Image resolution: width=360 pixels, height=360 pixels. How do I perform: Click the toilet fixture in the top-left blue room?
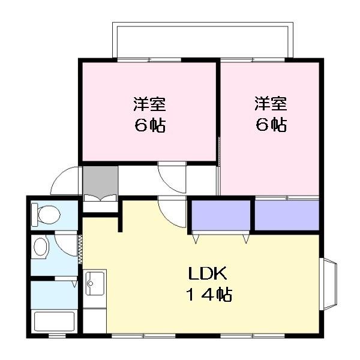(x=46, y=214)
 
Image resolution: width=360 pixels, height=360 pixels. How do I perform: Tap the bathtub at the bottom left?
(x=55, y=321)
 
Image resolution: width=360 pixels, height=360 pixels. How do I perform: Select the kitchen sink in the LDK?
(x=95, y=283)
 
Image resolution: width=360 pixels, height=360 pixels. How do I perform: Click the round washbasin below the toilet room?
(x=41, y=247)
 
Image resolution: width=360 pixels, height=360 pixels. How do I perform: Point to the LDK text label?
(x=208, y=273)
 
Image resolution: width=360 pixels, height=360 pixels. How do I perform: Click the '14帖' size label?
(x=209, y=295)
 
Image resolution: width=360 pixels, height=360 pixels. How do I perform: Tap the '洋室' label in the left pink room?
(x=149, y=104)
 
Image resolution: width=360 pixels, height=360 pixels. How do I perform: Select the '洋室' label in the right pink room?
(x=271, y=104)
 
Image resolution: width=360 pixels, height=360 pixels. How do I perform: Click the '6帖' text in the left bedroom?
(x=150, y=125)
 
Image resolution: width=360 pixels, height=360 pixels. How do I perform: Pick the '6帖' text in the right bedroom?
(x=271, y=125)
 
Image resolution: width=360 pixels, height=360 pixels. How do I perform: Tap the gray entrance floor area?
(x=100, y=181)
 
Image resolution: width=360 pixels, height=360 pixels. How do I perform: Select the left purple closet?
(x=221, y=215)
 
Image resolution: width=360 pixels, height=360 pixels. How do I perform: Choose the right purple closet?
(x=287, y=215)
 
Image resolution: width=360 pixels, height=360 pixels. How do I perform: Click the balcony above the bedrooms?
(x=203, y=40)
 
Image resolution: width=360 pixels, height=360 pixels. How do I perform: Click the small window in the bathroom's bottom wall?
(x=57, y=336)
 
